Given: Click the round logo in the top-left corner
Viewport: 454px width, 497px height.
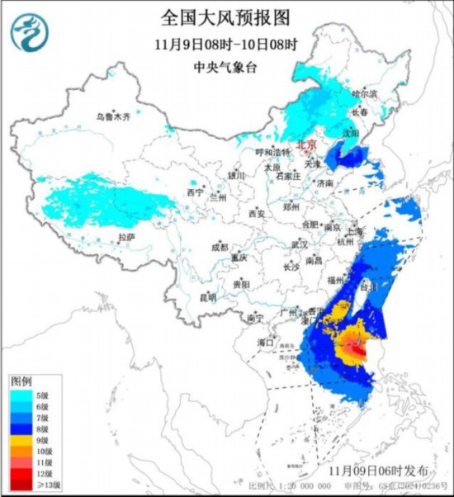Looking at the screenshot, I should tap(31, 31).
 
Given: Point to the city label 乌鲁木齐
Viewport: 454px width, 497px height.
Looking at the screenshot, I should tap(112, 117).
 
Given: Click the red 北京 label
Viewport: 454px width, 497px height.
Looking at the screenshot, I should tap(307, 142).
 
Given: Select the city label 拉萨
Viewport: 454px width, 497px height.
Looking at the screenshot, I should tap(126, 236).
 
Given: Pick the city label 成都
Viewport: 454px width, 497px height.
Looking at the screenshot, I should tap(220, 247).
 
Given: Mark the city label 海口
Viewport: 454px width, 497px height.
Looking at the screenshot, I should tap(265, 340).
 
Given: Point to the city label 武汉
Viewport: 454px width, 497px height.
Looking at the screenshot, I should tap(299, 244).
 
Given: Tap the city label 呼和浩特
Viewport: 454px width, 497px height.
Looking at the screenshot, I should tap(272, 153).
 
